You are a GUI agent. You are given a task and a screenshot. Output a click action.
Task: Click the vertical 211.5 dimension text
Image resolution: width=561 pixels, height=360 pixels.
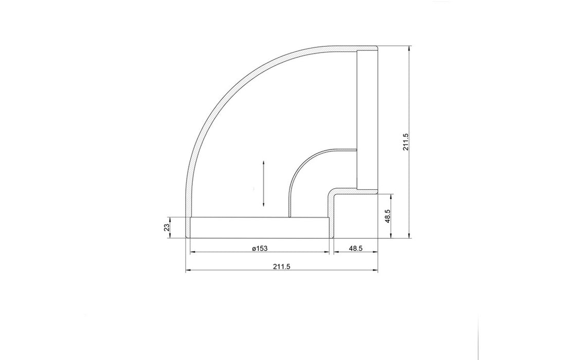coord(406,142)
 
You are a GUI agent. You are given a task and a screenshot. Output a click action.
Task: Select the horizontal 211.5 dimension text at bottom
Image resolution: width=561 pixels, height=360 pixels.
coord(281,266)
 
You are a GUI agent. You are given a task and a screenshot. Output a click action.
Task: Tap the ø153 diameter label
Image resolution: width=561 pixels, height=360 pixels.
coord(260,248)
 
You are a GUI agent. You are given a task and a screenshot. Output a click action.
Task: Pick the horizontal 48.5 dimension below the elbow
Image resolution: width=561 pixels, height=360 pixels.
coord(356,248)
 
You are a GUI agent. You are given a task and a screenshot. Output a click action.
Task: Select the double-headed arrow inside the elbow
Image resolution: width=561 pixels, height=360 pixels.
coord(263,184)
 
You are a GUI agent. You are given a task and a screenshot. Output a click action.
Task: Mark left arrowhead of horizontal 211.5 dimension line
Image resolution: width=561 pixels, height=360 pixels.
coord(188,271)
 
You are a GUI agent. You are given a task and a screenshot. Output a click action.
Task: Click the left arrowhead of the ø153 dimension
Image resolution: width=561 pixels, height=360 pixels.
coord(193,253)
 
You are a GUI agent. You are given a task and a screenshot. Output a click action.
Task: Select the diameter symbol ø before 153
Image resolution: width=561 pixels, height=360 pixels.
coord(254,248)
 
